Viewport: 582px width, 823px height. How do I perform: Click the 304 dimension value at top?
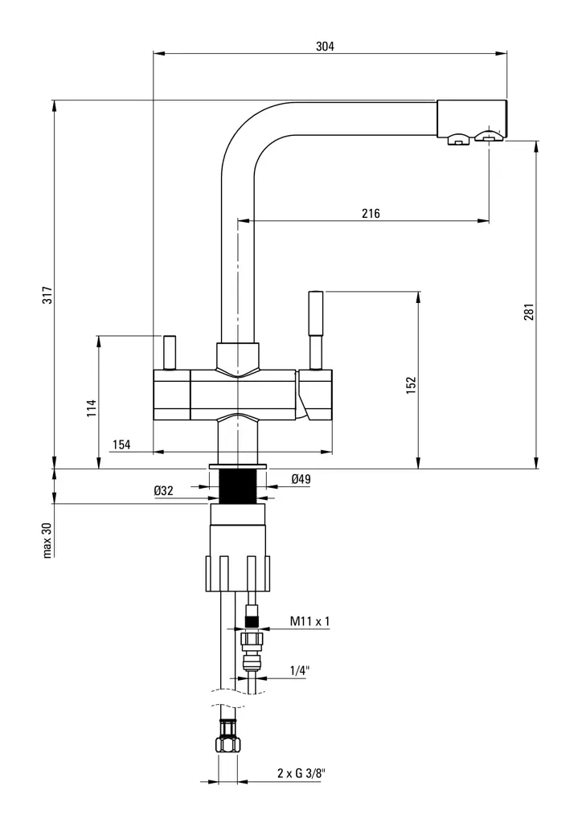[x=325, y=47]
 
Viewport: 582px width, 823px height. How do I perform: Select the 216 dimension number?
[x=371, y=213]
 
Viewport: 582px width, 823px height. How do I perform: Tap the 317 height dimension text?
[x=47, y=295]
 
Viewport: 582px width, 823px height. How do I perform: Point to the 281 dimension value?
[x=528, y=313]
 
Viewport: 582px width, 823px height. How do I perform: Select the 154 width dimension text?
[x=121, y=444]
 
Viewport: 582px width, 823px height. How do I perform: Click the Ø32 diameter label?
[x=165, y=490]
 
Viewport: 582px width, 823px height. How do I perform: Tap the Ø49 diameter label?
[x=301, y=480]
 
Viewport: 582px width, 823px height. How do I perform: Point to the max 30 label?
[x=47, y=540]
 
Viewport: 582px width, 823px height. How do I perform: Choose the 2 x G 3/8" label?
[x=301, y=773]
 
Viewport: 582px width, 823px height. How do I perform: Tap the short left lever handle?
[x=170, y=350]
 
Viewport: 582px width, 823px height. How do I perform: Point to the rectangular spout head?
[x=472, y=117]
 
